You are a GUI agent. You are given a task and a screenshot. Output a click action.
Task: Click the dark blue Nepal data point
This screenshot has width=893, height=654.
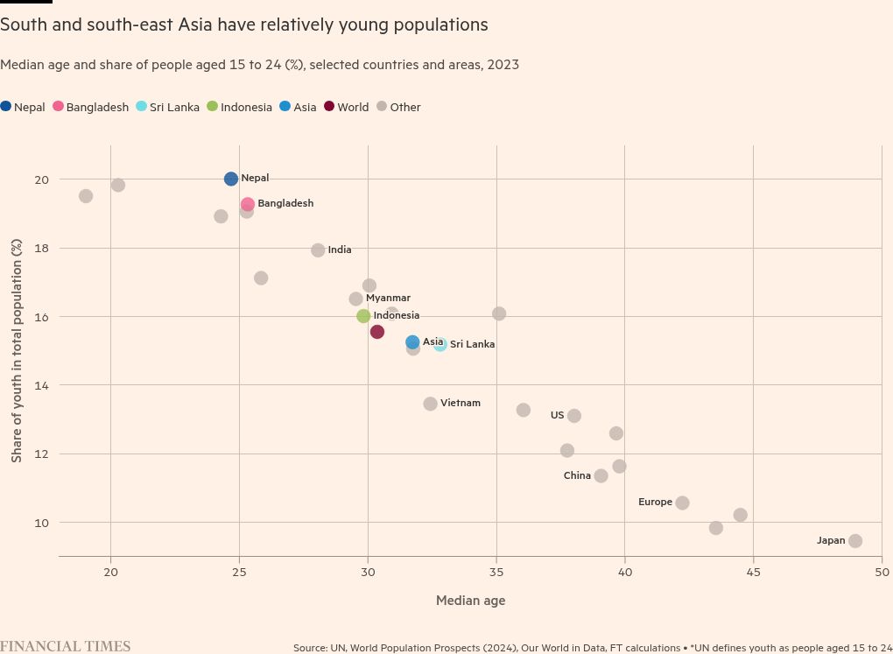(x=231, y=179)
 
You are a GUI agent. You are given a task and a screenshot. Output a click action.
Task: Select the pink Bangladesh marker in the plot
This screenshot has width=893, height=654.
(x=248, y=204)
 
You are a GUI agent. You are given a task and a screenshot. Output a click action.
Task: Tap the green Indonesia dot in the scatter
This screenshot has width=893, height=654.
(x=363, y=316)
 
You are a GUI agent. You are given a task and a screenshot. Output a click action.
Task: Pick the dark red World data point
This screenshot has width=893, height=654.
(x=377, y=332)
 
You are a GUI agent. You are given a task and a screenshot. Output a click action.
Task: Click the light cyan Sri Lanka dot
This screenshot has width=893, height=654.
(x=440, y=345)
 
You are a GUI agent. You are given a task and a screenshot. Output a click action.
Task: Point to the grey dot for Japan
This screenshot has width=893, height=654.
(x=855, y=541)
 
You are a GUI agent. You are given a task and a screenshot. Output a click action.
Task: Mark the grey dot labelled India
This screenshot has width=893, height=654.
(x=318, y=250)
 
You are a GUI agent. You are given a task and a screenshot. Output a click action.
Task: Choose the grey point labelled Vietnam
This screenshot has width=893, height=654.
(x=430, y=404)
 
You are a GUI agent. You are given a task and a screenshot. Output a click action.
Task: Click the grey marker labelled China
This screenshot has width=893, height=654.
(x=601, y=476)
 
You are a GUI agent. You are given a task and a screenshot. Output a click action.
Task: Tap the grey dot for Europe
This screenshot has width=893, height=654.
(x=683, y=503)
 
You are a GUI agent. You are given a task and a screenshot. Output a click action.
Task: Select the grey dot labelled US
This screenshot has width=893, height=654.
(x=574, y=416)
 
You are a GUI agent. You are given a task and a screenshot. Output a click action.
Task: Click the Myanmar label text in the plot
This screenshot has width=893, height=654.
(x=388, y=298)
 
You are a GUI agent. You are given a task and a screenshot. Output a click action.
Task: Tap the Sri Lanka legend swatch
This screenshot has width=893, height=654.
(x=142, y=107)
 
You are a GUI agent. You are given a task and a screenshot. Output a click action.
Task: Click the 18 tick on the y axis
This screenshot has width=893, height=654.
(x=42, y=248)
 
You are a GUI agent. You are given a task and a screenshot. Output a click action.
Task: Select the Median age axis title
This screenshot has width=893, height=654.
(x=470, y=601)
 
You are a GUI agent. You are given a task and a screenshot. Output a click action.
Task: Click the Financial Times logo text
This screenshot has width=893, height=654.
(x=65, y=647)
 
